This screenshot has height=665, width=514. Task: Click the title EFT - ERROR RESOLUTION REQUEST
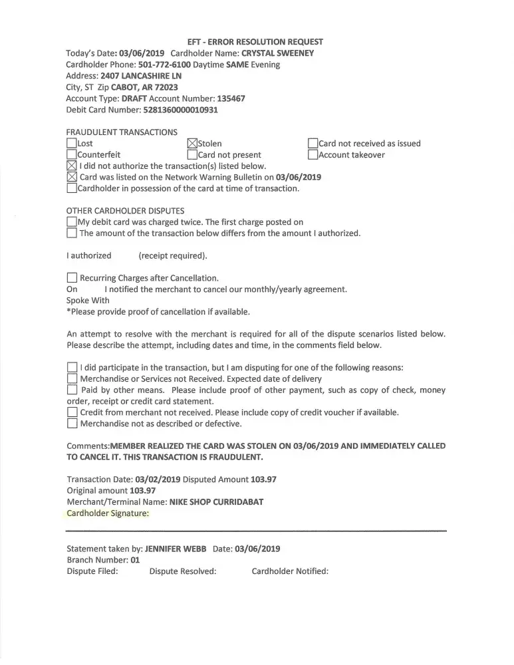(x=256, y=42)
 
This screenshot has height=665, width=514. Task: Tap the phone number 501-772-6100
(x=164, y=65)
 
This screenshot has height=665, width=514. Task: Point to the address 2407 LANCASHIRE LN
(x=141, y=76)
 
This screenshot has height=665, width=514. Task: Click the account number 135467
(x=231, y=98)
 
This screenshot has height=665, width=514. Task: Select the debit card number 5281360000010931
(x=180, y=110)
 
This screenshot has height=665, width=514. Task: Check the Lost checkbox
(x=72, y=144)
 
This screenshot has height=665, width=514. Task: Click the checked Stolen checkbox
(x=193, y=144)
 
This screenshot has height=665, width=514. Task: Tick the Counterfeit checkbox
(x=72, y=155)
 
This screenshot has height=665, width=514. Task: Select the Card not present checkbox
(x=193, y=155)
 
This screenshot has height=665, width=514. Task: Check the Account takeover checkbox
(x=313, y=155)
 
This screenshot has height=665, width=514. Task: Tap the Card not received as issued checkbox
(x=313, y=144)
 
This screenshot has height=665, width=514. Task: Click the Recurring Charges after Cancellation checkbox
(x=72, y=278)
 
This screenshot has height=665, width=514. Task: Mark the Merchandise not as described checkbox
(x=72, y=424)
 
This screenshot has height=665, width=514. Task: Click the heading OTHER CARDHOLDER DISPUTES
(x=126, y=211)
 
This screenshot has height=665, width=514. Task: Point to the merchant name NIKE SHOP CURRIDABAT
(x=216, y=502)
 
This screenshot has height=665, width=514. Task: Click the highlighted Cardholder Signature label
(x=108, y=513)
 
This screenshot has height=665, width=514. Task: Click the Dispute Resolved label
(x=183, y=571)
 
